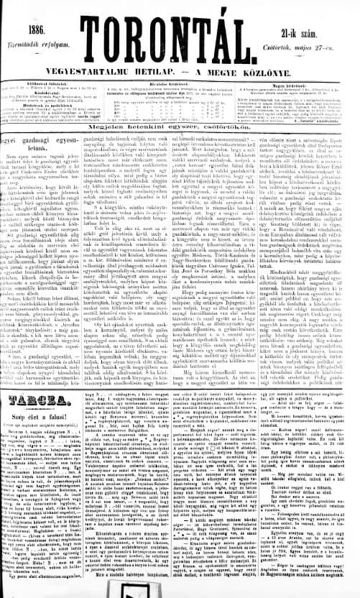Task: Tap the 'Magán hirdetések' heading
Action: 302,83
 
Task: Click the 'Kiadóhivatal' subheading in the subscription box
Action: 40,93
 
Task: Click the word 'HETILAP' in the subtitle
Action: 165,70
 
